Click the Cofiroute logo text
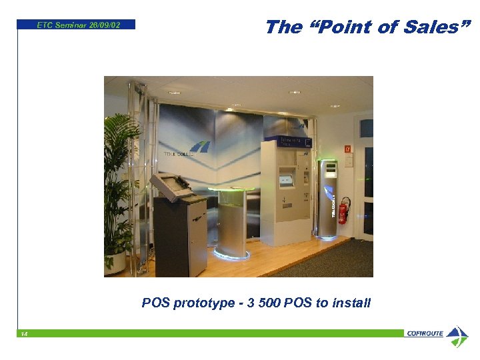point(424,333)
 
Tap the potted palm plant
point(120,180)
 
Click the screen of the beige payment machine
point(286,179)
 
